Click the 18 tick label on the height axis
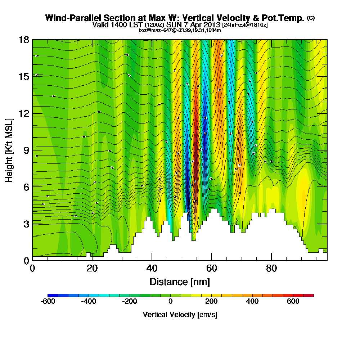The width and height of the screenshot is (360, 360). coord(24,40)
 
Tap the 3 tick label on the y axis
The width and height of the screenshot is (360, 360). coord(26,224)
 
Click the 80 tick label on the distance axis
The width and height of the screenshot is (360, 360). coord(271,269)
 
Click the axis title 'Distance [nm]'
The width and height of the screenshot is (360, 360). coord(180,282)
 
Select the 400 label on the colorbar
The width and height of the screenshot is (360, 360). coord(252,301)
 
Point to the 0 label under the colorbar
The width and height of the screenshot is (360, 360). coord(170,301)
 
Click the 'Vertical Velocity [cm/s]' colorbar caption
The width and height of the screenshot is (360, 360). coord(180,315)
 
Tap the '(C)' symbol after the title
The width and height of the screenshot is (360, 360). coord(311,18)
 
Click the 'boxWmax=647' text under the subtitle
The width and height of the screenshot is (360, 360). coord(153,30)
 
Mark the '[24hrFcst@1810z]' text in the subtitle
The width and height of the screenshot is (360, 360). coord(245,25)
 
